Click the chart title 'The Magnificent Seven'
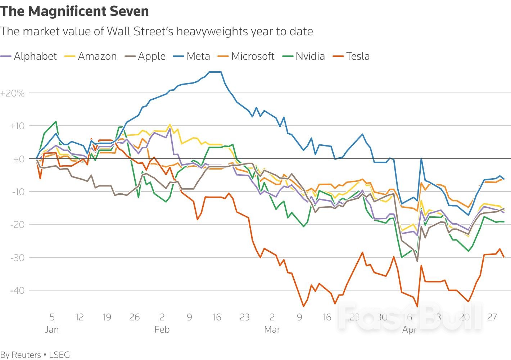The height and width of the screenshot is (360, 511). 74,11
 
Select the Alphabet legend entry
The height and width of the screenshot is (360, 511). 35,56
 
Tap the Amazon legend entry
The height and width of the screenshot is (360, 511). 97,56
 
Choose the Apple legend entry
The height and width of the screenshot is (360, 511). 152,56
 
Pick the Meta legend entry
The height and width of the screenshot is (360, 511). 198,56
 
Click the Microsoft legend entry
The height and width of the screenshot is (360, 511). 253,56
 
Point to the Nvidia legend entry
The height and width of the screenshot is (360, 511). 310,56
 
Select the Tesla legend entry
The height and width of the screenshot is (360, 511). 358,56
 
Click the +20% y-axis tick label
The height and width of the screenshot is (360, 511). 13,93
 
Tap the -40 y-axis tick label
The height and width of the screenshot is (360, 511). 17,291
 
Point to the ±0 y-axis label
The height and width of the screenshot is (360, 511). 18,159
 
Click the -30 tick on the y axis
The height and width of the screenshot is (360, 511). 17,258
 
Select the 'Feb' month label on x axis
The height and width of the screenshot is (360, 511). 162,329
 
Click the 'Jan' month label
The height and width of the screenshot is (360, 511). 52,329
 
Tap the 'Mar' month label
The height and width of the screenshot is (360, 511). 272,329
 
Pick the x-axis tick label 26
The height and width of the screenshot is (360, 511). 134,317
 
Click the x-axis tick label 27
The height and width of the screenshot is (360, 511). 492,317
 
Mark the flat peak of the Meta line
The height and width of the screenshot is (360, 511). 215,72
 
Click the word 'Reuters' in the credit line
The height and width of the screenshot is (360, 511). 26,355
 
